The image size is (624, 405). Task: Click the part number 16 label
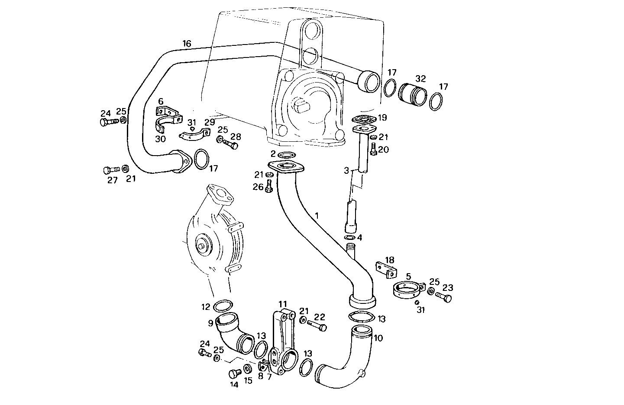187,44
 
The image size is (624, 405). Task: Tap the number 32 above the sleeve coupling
420,79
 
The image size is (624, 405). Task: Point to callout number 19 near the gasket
382,118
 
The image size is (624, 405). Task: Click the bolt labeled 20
373,150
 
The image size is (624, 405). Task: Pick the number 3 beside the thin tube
346,171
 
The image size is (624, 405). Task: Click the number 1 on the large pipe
317,215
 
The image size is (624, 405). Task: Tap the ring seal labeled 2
285,155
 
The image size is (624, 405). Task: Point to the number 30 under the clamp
161,139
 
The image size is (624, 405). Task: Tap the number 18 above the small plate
390,260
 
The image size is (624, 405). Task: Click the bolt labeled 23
444,297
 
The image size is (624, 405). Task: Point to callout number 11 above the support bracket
283,304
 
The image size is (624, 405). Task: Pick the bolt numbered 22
318,325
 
